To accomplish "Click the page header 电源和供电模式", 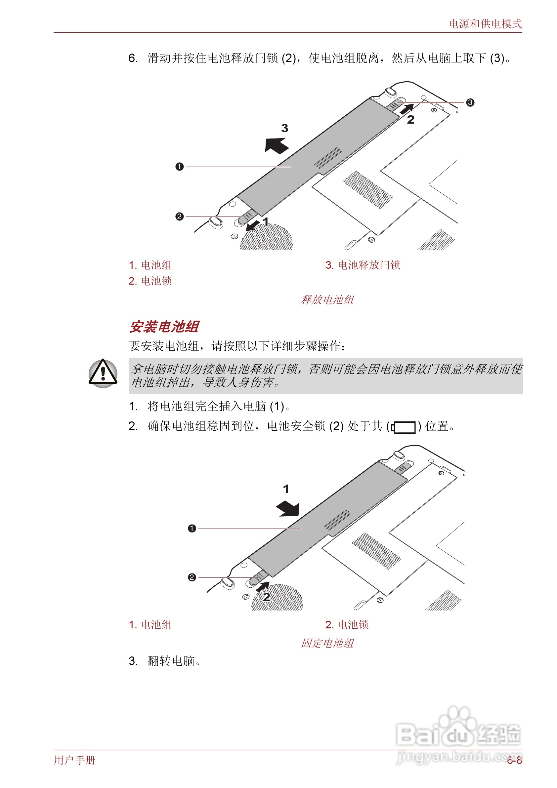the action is (485, 24).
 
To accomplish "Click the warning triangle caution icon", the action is (103, 373).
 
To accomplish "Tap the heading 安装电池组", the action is (164, 326).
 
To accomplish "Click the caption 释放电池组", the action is (327, 299).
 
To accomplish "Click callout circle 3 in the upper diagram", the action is (470, 102).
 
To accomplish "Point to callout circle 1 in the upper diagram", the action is (180, 167).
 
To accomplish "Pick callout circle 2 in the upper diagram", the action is (180, 217).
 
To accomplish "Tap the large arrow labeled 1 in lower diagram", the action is (288, 508).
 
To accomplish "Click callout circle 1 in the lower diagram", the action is (192, 528).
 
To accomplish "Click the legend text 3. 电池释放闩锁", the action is (363, 265).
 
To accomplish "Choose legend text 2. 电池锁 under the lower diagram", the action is (347, 624).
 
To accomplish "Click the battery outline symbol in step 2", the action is (404, 427).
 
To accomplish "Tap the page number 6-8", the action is (514, 760).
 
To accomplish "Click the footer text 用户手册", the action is (74, 760).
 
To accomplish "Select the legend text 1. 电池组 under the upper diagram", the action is (150, 265).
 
